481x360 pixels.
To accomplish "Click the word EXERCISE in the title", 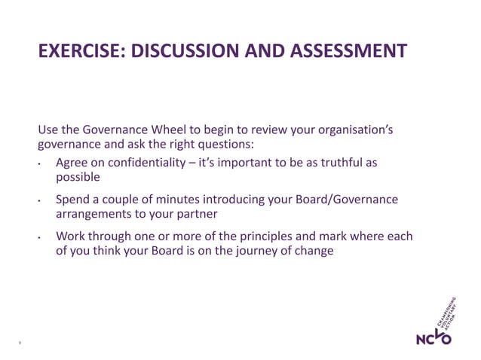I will tap(80, 51).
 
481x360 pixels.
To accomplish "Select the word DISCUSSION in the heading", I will tap(184, 51).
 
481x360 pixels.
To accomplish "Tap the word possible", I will tap(78, 178).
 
